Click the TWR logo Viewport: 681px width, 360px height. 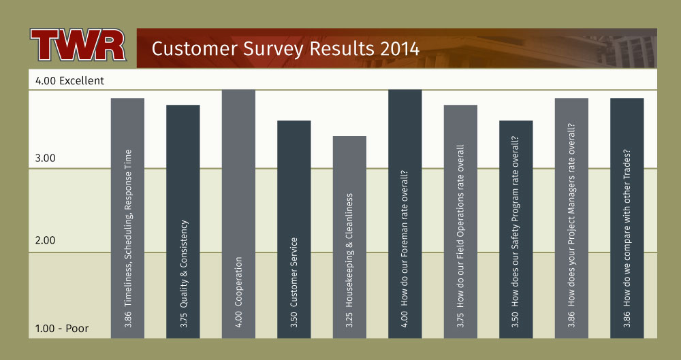pos(78,45)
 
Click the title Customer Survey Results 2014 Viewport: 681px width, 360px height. pos(285,48)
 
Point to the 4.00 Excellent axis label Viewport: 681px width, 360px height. pos(69,81)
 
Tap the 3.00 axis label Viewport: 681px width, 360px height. pos(45,158)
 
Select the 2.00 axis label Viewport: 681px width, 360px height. pos(45,240)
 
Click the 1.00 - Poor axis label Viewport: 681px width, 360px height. pos(62,328)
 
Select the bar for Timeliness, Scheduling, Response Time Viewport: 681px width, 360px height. pos(128,218)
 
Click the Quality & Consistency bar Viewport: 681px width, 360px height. pos(183,221)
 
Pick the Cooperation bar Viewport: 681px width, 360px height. pos(238,214)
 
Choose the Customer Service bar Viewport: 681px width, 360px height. pos(294,229)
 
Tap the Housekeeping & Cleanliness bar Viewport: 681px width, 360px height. pos(349,237)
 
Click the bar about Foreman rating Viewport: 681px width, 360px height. pos(405,214)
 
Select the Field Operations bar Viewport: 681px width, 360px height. pos(460,221)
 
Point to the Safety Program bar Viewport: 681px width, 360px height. pos(516,229)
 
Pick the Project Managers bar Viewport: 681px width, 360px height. pos(571,218)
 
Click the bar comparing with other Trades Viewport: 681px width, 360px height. pos(627,218)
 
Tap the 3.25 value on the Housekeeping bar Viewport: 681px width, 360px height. pos(349,320)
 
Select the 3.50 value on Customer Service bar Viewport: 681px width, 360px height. pos(294,320)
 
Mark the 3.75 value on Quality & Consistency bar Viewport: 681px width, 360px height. pos(183,320)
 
